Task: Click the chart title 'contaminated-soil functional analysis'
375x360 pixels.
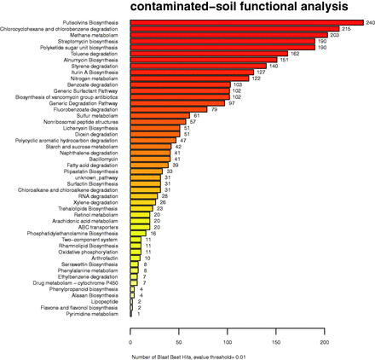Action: tap(252, 9)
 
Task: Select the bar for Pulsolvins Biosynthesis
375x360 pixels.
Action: tap(246, 22)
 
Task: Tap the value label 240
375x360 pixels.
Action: tap(370, 22)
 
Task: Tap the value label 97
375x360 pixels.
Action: tap(231, 103)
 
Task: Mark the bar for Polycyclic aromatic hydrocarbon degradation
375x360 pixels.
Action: tap(153, 140)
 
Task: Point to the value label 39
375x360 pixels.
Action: tap(175, 165)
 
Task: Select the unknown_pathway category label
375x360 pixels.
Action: tap(107, 177)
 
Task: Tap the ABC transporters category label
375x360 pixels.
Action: tap(107, 227)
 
